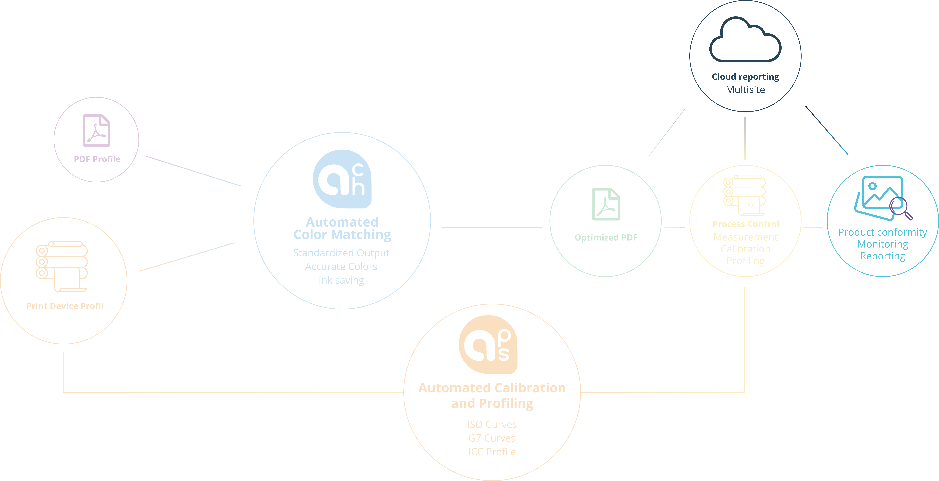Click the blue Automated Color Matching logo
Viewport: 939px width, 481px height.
[342, 179]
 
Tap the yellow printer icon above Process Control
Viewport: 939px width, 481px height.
[744, 195]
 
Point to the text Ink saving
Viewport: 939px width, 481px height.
[341, 280]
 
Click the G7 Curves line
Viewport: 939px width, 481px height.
[492, 438]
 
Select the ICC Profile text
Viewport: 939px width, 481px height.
[492, 452]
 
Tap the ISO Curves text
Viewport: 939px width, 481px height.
[492, 425]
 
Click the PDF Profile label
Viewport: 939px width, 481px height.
[97, 159]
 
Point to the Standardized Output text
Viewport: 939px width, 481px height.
[341, 253]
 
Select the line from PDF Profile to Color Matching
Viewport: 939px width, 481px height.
[194, 171]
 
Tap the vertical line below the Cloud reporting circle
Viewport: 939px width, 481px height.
[745, 138]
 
